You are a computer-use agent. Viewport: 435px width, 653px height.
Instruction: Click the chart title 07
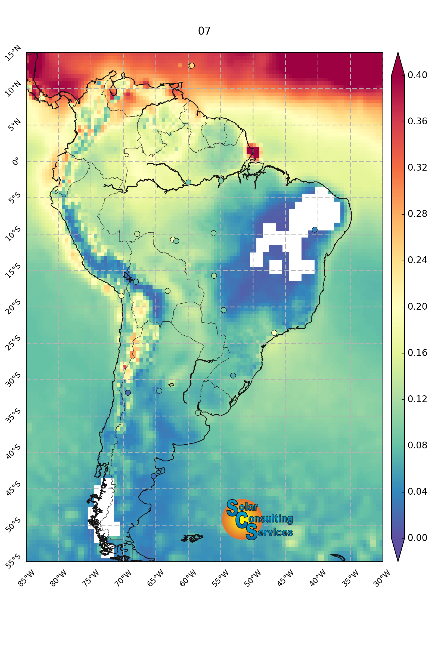coord(204,31)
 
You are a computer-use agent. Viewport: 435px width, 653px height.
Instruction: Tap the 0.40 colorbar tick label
coord(417,75)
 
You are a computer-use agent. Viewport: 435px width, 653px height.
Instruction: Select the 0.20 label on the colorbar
coord(417,307)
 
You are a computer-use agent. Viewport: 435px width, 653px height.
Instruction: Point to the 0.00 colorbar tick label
coord(417,538)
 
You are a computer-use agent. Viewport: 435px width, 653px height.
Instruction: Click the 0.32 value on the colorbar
coord(417,167)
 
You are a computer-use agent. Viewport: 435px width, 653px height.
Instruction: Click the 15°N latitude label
coord(13,53)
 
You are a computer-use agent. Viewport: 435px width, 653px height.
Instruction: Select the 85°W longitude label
coord(27,578)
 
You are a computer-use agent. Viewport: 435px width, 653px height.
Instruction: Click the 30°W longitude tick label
coord(382,578)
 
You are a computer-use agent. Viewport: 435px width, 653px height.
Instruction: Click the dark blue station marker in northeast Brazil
coord(315,230)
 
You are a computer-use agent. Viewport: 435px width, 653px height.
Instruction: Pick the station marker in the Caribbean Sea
coord(191,66)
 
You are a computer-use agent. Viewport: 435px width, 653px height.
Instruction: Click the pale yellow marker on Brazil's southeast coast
coord(274,332)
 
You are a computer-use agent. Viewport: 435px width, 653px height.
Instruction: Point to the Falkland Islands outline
coord(192,538)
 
